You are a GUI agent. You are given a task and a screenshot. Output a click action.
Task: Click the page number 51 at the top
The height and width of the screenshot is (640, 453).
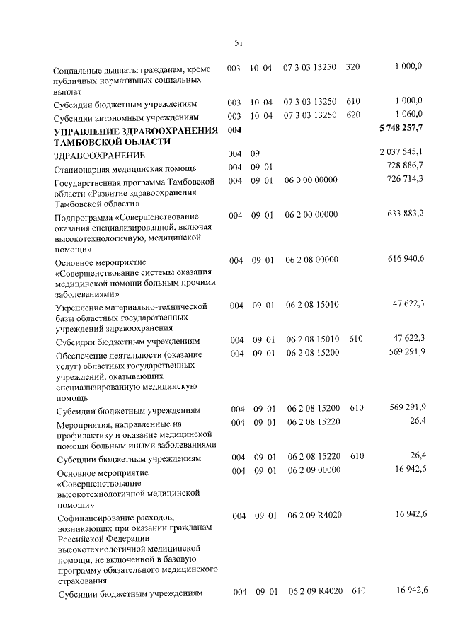click(239, 42)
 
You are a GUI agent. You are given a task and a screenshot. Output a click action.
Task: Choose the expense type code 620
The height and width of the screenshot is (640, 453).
click(354, 115)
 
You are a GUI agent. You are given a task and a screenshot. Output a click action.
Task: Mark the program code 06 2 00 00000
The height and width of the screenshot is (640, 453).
click(311, 214)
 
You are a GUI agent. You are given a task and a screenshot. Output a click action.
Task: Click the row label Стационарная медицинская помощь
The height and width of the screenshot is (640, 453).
click(115, 168)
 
